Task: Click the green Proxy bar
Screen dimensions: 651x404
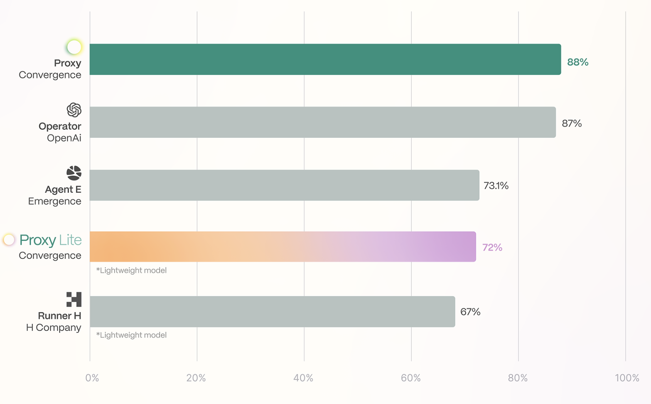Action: click(x=325, y=59)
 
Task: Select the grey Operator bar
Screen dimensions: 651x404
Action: click(x=322, y=122)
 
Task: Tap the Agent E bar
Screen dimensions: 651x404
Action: click(x=285, y=185)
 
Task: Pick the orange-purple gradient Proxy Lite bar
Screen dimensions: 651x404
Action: click(x=283, y=247)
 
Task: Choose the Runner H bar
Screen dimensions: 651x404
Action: click(x=272, y=312)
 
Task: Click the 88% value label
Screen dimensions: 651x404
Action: click(x=578, y=62)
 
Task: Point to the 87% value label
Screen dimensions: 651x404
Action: click(x=572, y=124)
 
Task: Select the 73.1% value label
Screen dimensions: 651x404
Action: click(x=496, y=186)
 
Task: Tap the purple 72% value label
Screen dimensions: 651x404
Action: click(x=492, y=248)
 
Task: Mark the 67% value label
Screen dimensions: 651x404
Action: click(x=471, y=312)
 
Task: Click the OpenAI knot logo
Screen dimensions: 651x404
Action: click(x=74, y=110)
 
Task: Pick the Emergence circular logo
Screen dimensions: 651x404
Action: click(x=74, y=173)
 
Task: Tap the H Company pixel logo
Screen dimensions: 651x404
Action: click(x=74, y=299)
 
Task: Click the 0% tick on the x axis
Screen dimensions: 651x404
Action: click(x=92, y=378)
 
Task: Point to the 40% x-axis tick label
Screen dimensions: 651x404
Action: click(x=304, y=378)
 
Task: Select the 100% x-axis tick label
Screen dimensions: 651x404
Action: click(x=627, y=378)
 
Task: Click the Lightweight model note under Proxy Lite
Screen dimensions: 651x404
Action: click(x=132, y=270)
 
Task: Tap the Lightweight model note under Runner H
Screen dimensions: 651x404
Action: click(x=132, y=335)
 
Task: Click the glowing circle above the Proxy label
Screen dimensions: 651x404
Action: click(x=74, y=47)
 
